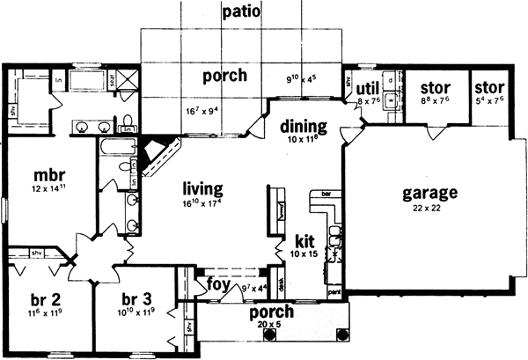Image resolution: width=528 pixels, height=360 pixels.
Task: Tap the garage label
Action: (x=429, y=192)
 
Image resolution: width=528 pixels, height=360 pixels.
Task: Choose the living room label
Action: (x=202, y=188)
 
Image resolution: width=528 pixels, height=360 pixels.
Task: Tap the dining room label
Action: (x=304, y=126)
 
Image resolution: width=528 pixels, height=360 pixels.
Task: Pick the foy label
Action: (x=217, y=284)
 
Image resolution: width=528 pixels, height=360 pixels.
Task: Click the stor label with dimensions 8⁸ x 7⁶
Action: (x=435, y=88)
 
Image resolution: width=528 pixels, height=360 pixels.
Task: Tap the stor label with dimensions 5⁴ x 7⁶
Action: (x=489, y=88)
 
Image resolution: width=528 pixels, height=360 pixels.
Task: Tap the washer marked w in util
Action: (x=390, y=99)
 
